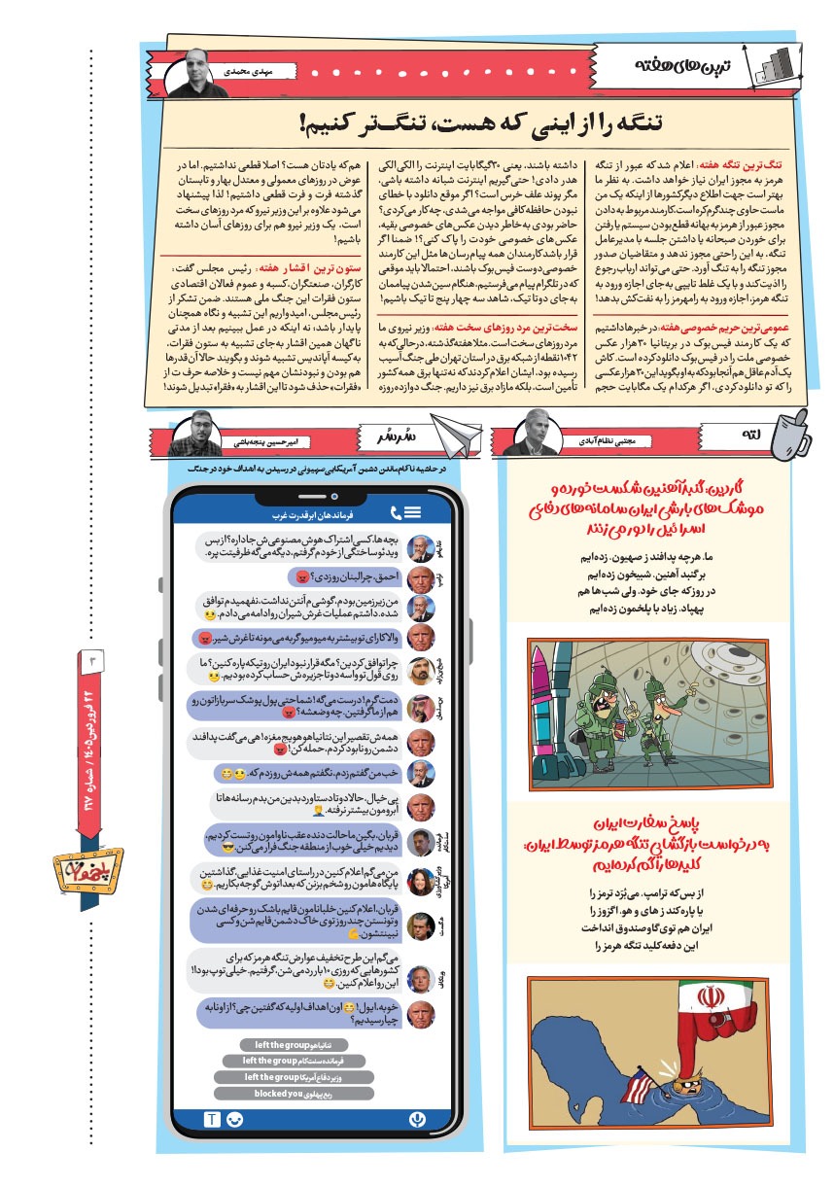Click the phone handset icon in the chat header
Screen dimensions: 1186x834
pyautogui.click(x=396, y=512)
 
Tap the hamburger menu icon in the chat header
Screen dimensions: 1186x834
pyautogui.click(x=413, y=512)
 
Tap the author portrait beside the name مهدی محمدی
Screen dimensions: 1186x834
pyautogui.click(x=193, y=71)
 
